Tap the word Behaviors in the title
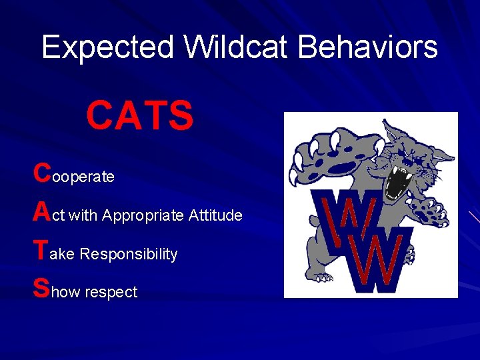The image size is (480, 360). (367, 47)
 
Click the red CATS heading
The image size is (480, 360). (140, 115)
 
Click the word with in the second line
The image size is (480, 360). (83, 215)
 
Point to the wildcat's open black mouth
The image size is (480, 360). (399, 180)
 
